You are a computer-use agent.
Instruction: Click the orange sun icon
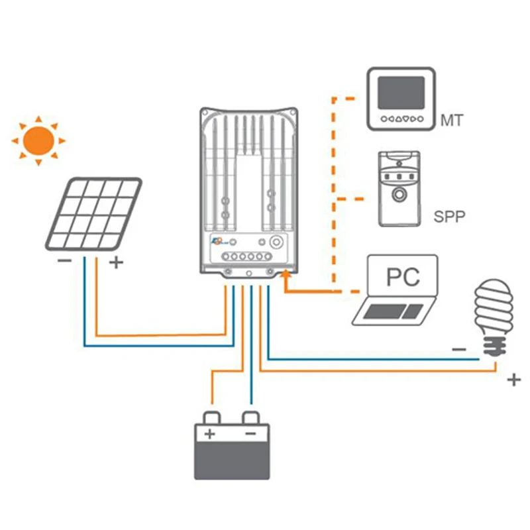pos(38,140)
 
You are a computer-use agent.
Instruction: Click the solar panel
pos(93,213)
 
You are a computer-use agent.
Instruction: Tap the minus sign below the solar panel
pos(64,261)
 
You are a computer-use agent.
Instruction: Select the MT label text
pos(452,121)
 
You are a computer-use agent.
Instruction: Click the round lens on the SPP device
pos(399,195)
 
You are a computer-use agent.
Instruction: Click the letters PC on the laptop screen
pos(403,276)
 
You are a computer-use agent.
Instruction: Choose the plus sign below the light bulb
pos(513,380)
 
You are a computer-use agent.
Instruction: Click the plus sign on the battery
pos(209,435)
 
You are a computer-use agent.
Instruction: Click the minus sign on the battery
pos(250,434)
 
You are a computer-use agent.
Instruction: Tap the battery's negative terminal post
pos(251,418)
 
